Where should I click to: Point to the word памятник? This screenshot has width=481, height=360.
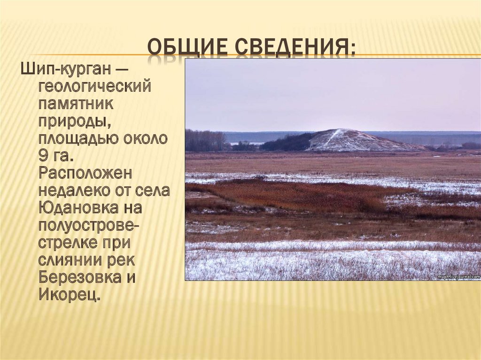coord(76,105)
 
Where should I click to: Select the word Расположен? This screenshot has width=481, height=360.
coord(85,174)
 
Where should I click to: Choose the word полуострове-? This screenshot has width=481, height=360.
coord(89,226)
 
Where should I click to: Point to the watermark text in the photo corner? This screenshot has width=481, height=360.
coord(458,277)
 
